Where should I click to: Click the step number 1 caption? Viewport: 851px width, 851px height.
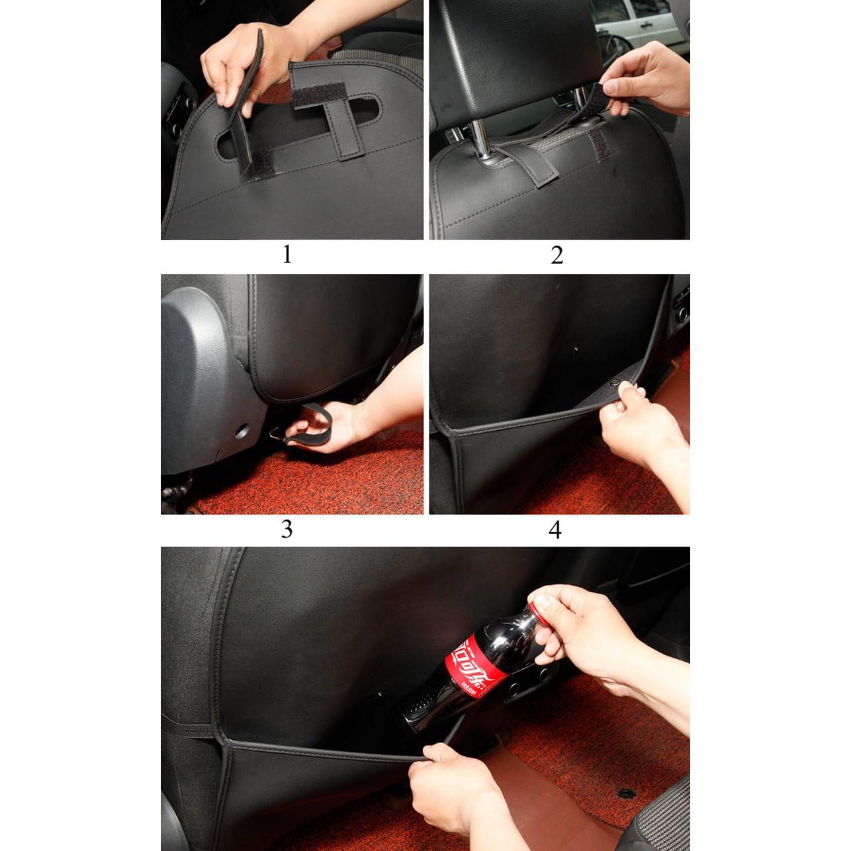coord(287,254)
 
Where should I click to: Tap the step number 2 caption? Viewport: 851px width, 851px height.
coord(557,255)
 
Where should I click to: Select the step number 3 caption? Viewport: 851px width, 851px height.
coord(287,529)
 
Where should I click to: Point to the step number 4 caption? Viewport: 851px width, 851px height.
coord(555,529)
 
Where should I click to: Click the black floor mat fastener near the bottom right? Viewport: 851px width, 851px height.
coord(626,792)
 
